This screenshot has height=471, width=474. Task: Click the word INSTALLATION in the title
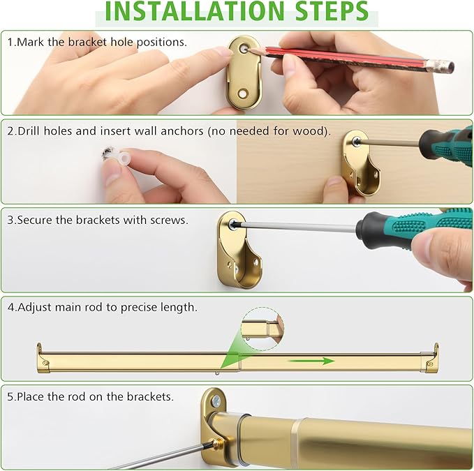pyautogui.click(x=195, y=11)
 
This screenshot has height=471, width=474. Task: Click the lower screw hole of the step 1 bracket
pyautogui.click(x=243, y=94)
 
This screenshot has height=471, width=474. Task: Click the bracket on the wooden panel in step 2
pyautogui.click(x=361, y=163)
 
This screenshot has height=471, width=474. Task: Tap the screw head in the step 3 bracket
pyautogui.click(x=233, y=224)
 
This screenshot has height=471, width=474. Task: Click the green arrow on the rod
pyautogui.click(x=311, y=361)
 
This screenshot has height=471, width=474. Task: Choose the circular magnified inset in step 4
pyautogui.click(x=262, y=329)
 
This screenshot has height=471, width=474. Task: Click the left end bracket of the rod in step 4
pyautogui.click(x=43, y=359)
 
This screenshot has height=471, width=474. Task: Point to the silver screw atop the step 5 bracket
pyautogui.click(x=216, y=401)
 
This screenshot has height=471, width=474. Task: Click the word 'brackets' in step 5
pyautogui.click(x=150, y=396)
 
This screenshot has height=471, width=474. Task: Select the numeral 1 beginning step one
pyautogui.click(x=10, y=42)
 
